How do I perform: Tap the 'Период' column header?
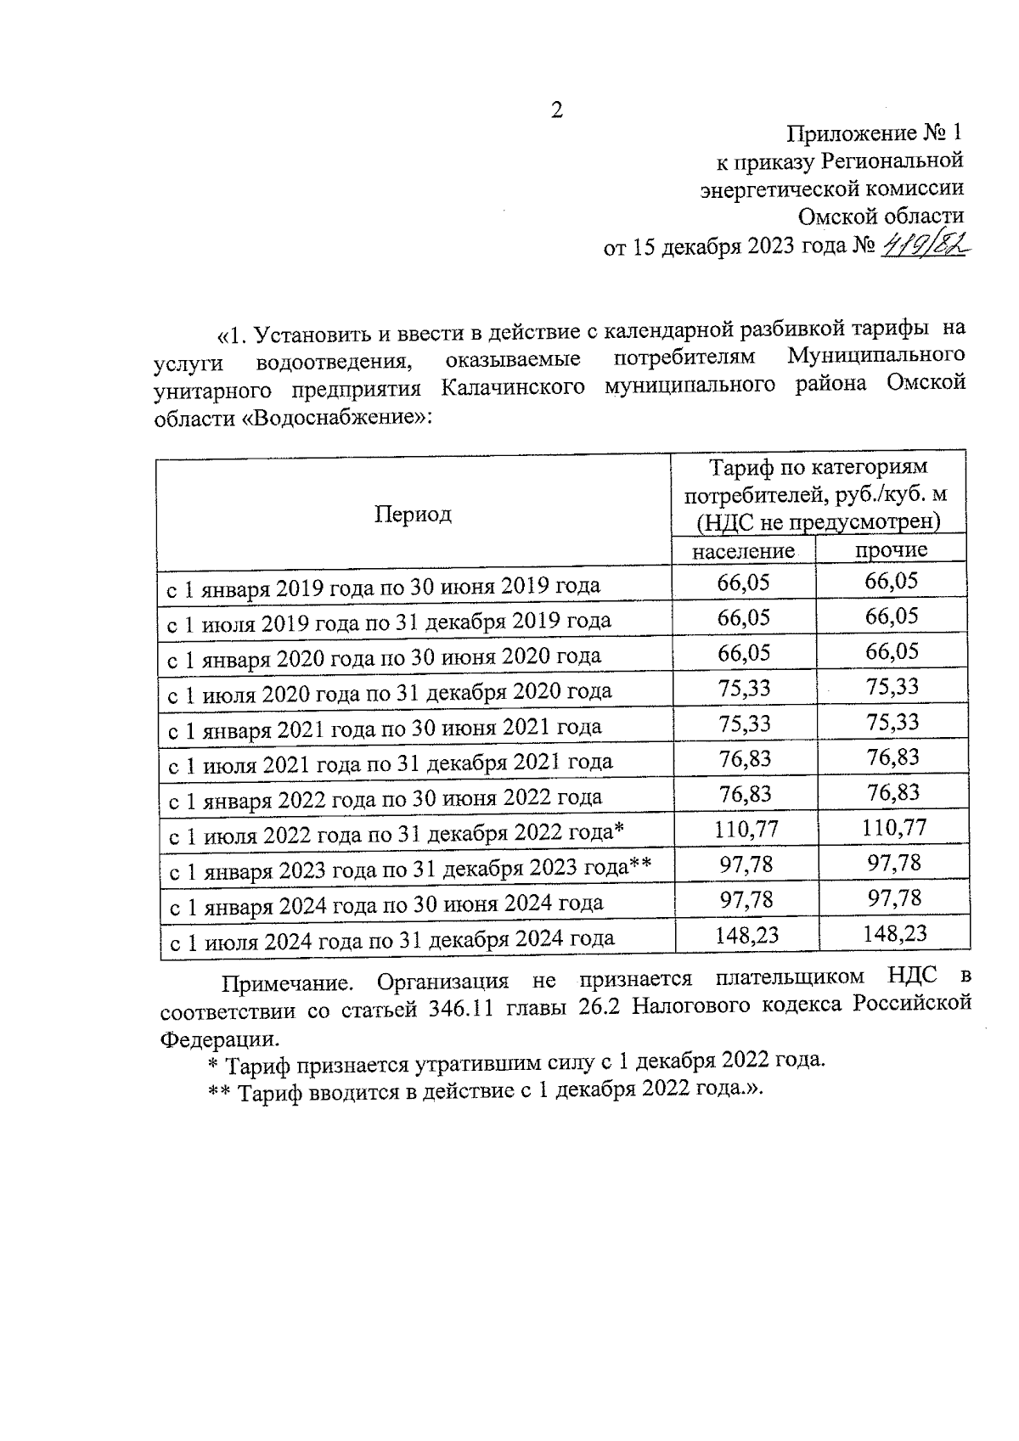point(413,514)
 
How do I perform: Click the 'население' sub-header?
point(743,551)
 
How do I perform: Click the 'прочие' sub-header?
point(891,549)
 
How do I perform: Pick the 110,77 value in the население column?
point(746,829)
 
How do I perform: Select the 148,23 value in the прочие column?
point(894,934)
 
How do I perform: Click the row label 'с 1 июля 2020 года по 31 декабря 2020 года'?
point(389,692)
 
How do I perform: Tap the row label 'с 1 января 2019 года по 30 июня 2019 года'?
point(383,586)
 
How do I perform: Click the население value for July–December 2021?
point(745,757)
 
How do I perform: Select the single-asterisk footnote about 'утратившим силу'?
point(516,1061)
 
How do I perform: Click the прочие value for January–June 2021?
point(892,722)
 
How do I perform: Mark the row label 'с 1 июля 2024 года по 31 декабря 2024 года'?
point(391,939)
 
